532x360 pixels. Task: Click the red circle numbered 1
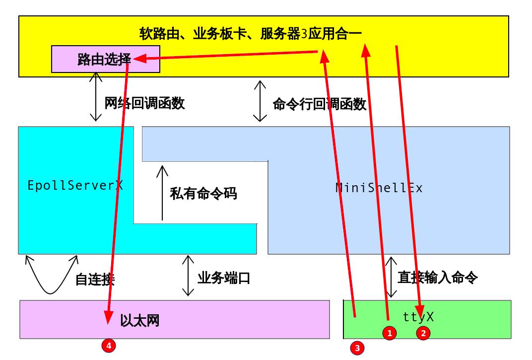pyautogui.click(x=390, y=333)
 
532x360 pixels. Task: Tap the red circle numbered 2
pyautogui.click(x=423, y=333)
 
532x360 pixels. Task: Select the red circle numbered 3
pyautogui.click(x=357, y=348)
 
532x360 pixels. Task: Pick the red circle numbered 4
pyautogui.click(x=109, y=346)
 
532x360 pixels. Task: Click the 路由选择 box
pyautogui.click(x=106, y=59)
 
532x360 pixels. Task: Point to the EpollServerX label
pyautogui.click(x=75, y=185)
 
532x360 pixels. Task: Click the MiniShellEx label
pyautogui.click(x=379, y=188)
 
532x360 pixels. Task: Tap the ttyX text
pyautogui.click(x=418, y=317)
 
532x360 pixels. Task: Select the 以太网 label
pyautogui.click(x=139, y=320)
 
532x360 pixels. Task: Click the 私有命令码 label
pyautogui.click(x=203, y=194)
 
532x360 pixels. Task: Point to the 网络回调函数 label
pyautogui.click(x=144, y=103)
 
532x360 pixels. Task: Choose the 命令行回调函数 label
pyautogui.click(x=320, y=104)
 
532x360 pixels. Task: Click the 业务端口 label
pyautogui.click(x=224, y=278)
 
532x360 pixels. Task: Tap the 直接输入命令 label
pyautogui.click(x=438, y=278)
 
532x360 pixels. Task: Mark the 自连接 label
pyautogui.click(x=95, y=280)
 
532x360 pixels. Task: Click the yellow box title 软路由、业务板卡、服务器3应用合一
pyautogui.click(x=251, y=34)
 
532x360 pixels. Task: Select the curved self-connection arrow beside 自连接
pyautogui.click(x=51, y=293)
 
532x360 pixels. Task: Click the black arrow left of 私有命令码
pyautogui.click(x=162, y=193)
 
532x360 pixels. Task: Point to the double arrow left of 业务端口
pyautogui.click(x=188, y=276)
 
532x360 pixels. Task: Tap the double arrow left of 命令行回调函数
pyautogui.click(x=260, y=101)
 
